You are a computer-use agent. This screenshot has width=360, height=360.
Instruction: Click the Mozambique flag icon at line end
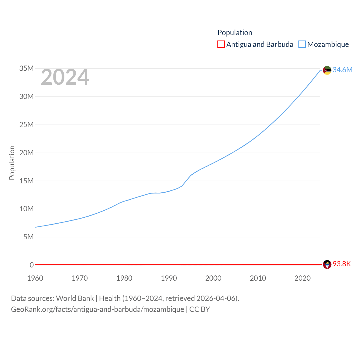[x=327, y=70]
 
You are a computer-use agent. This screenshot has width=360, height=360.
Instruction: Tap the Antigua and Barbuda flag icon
[x=327, y=264]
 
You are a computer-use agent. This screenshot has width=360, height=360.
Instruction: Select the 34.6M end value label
[x=342, y=70]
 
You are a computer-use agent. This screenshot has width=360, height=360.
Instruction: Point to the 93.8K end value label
[x=342, y=264]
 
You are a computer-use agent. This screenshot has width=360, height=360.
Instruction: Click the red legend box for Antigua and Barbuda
[x=221, y=44]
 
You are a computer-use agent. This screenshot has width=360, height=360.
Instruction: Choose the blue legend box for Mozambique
[x=302, y=44]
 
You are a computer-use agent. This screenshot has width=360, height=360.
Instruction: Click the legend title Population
[x=235, y=33]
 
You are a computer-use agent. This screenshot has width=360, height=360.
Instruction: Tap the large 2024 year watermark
[x=65, y=77]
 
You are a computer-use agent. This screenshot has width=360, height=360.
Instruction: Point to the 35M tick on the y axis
[x=26, y=68]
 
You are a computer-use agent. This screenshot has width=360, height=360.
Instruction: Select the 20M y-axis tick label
[x=26, y=153]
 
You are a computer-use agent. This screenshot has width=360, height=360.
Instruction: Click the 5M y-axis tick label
[x=28, y=237]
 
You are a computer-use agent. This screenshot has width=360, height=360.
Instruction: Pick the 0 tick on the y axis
[x=31, y=265]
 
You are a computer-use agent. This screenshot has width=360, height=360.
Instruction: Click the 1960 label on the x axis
[x=35, y=278]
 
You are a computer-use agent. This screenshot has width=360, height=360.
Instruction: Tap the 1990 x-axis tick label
[x=169, y=278]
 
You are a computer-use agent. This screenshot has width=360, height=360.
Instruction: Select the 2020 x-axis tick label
[x=302, y=278]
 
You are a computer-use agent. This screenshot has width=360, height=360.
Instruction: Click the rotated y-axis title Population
[x=12, y=163]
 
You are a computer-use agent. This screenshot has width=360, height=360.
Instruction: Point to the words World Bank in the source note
[x=75, y=298]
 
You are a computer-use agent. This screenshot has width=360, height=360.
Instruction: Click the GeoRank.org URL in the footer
[x=97, y=309]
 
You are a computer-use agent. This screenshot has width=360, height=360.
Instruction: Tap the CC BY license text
[x=200, y=309]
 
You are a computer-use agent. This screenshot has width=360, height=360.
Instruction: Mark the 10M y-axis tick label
[x=26, y=209]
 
